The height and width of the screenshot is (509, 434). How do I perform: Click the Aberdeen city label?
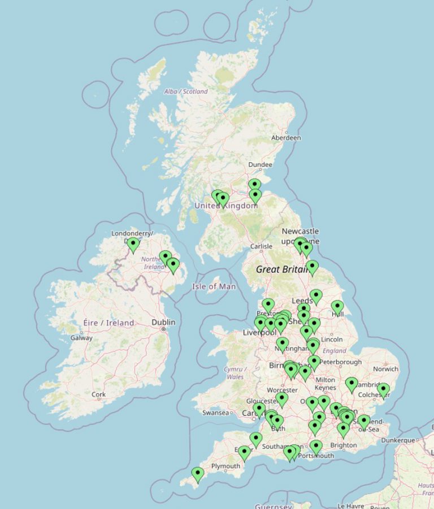[286, 137]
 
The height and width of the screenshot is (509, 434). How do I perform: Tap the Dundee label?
[260, 165]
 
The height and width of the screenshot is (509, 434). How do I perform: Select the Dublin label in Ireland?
[163, 322]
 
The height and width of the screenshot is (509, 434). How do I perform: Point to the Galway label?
[81, 338]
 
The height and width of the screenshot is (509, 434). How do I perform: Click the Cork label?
[98, 394]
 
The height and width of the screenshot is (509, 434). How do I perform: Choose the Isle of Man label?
[214, 286]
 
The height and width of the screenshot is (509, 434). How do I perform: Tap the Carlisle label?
[261, 246]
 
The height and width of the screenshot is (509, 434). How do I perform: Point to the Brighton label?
[344, 445]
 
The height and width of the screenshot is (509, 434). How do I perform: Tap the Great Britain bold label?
[280, 269]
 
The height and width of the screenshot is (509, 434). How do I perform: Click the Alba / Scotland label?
[185, 92]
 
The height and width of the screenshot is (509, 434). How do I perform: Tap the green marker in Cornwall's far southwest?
[197, 474]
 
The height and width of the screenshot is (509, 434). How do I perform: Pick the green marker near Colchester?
[384, 390]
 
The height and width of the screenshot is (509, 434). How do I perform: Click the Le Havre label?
[350, 506]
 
